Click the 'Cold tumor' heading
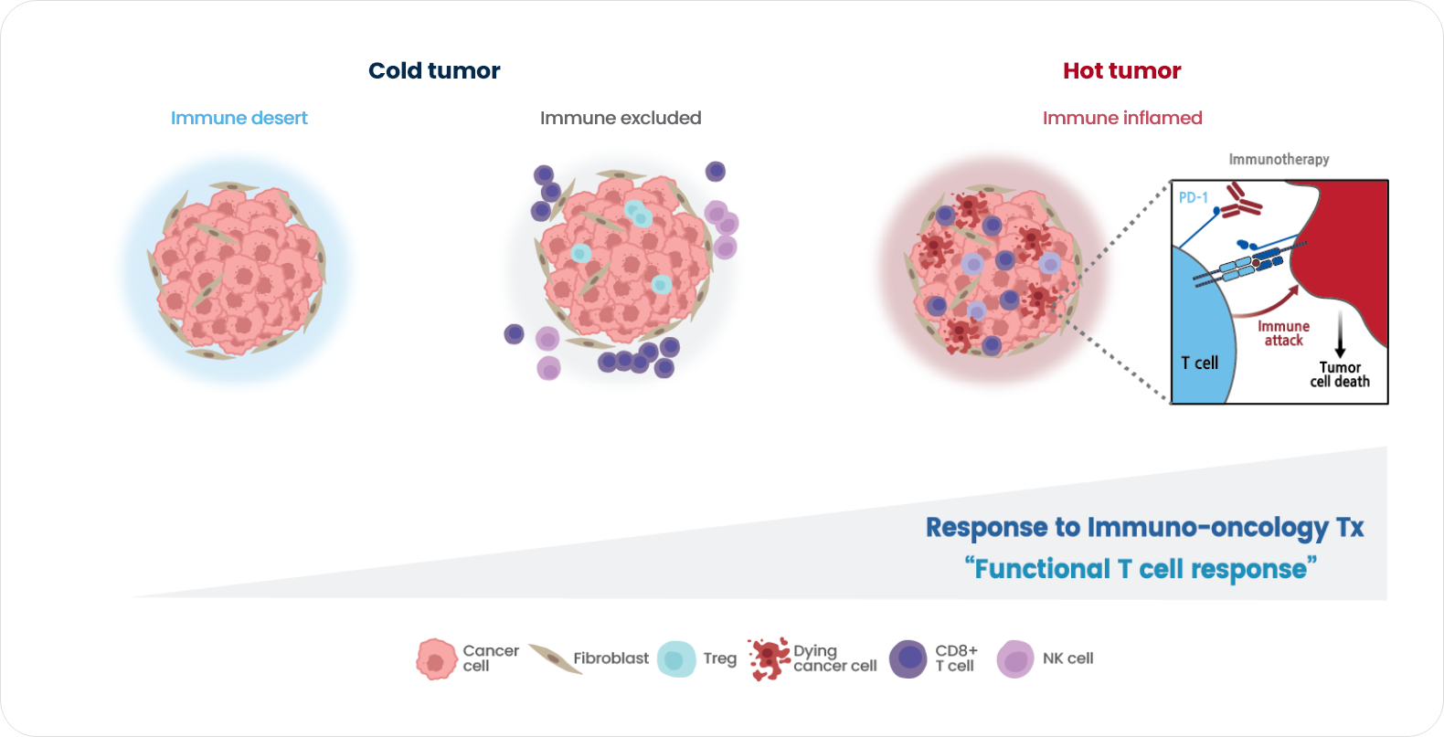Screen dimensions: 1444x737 tap(434, 71)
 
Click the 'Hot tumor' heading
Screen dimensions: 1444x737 tap(1121, 71)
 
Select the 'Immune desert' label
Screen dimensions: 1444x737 tap(239, 118)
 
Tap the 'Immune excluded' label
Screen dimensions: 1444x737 tap(621, 118)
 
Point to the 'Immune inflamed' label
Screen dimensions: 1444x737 tap(1122, 118)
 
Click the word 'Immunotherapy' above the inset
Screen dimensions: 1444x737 tap(1279, 159)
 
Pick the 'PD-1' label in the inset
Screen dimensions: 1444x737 tap(1194, 198)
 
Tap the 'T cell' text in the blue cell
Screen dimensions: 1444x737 tap(1200, 363)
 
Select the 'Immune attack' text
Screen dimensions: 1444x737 tap(1283, 333)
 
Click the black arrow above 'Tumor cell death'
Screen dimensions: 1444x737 tap(1340, 333)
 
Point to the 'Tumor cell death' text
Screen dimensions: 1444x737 tap(1340, 374)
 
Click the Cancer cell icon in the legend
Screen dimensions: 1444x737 tap(437, 659)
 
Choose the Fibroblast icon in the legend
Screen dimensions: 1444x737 tap(555, 658)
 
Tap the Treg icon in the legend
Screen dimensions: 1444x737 tap(676, 659)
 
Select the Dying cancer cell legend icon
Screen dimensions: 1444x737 tap(769, 658)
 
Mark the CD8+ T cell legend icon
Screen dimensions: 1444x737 tap(908, 659)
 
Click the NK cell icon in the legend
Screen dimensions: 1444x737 tap(1015, 659)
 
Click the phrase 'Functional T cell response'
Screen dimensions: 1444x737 tap(1141, 569)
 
